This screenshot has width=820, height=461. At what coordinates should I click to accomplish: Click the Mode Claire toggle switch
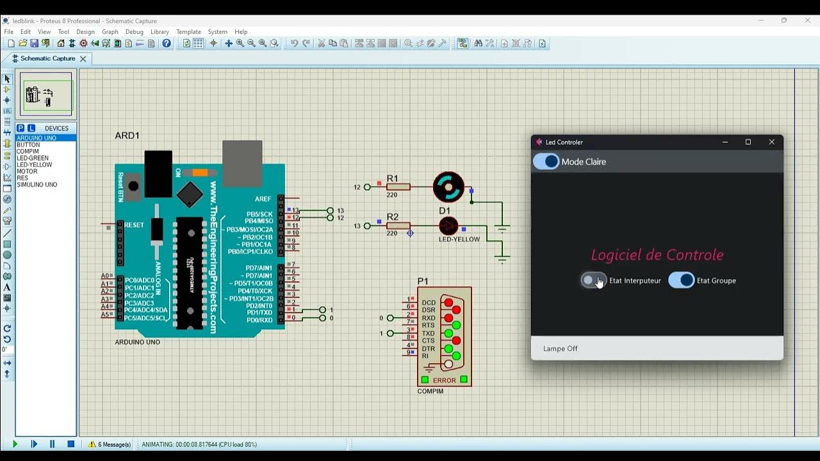pyautogui.click(x=546, y=161)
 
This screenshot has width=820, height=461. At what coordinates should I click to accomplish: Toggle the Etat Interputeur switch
pyautogui.click(x=593, y=280)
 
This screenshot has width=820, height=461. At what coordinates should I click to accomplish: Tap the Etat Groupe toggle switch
pyautogui.click(x=681, y=280)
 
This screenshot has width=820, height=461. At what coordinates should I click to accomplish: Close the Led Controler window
pyautogui.click(x=771, y=142)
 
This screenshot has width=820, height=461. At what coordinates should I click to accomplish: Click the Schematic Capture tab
pyautogui.click(x=47, y=58)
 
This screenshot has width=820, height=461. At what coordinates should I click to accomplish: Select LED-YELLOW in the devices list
pyautogui.click(x=35, y=165)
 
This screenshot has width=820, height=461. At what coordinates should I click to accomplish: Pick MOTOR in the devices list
pyautogui.click(x=28, y=172)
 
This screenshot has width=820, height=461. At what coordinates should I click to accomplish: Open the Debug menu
pyautogui.click(x=135, y=31)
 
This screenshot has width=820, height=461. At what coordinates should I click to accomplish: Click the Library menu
pyautogui.click(x=160, y=31)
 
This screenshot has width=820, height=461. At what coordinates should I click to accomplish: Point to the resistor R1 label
pyautogui.click(x=393, y=179)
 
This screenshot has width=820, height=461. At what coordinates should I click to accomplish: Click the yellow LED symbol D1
pyautogui.click(x=448, y=225)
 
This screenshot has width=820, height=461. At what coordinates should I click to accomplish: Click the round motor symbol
pyautogui.click(x=448, y=187)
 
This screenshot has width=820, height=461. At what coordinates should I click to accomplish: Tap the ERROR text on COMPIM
pyautogui.click(x=444, y=380)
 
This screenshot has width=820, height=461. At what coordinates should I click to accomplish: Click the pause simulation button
pyautogui.click(x=53, y=444)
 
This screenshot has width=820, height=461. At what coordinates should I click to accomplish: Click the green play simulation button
pyautogui.click(x=15, y=444)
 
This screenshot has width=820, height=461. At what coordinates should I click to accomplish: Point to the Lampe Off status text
pyautogui.click(x=561, y=348)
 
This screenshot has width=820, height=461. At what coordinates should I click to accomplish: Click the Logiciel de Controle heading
pyautogui.click(x=657, y=255)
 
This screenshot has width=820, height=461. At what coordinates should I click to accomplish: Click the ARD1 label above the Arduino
pyautogui.click(x=127, y=136)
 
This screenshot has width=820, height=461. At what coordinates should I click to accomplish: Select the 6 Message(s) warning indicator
pyautogui.click(x=110, y=444)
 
